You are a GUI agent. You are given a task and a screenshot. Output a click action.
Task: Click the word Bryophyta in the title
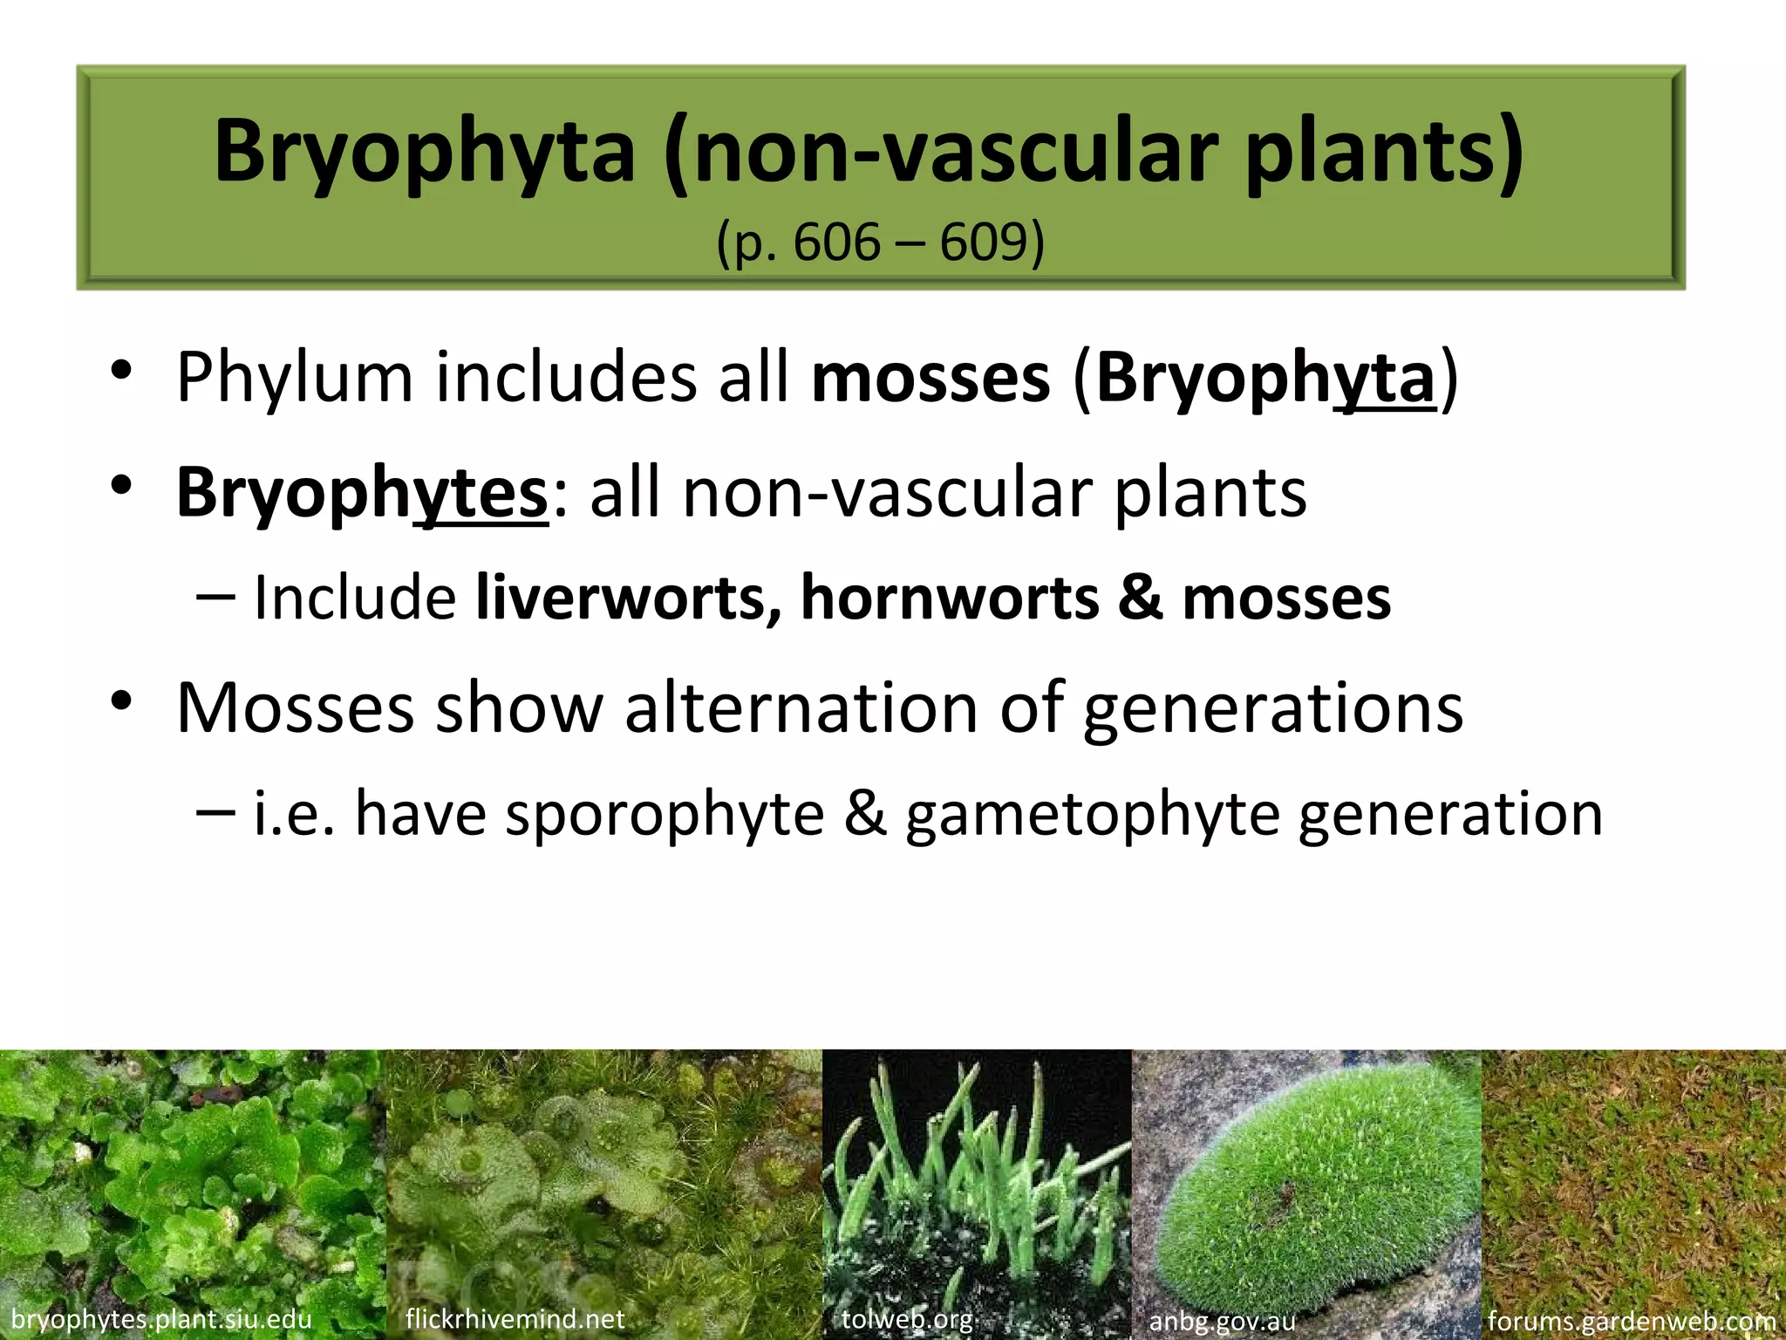click(x=425, y=153)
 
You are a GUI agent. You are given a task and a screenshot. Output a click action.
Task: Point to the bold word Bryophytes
click(x=362, y=493)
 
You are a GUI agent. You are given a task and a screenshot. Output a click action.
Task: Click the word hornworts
click(x=950, y=598)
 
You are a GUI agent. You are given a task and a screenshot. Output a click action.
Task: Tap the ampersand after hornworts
click(x=1141, y=598)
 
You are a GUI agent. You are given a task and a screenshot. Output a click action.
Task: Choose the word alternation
click(x=801, y=707)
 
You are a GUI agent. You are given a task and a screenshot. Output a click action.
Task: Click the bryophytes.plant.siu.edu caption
click(x=161, y=1319)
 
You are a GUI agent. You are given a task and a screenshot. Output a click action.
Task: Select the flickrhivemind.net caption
click(x=515, y=1318)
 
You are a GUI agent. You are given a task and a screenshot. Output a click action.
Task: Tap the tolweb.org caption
click(x=907, y=1318)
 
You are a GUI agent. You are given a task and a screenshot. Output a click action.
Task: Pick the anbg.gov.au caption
click(x=1222, y=1321)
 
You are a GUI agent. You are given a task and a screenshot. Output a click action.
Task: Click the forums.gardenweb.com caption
click(x=1632, y=1321)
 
